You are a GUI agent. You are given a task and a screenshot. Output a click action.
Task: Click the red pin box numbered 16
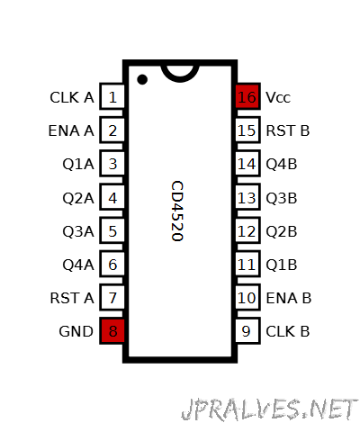[x=247, y=96]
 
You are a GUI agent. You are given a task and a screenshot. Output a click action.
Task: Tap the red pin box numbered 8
[x=112, y=331]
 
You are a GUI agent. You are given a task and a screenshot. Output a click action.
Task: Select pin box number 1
[x=112, y=96]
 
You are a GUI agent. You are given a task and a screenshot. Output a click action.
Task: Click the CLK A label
[x=72, y=97]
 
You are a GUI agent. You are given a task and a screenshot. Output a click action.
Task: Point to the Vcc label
[x=278, y=97]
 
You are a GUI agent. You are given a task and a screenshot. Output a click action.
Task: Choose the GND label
[x=76, y=331]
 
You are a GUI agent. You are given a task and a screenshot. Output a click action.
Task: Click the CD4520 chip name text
[x=177, y=211]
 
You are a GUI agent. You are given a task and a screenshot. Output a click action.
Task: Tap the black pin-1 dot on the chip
[x=142, y=79]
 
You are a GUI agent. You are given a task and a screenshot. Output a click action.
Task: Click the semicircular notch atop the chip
[x=180, y=78]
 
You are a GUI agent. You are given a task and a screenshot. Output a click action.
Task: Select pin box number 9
[x=247, y=331]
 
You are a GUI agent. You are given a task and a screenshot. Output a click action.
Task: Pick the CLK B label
[x=287, y=331]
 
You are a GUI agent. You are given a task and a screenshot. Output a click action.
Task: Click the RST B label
[x=287, y=130]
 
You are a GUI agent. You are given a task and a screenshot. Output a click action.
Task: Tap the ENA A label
[x=71, y=130]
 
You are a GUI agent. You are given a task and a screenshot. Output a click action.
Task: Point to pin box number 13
[x=247, y=197]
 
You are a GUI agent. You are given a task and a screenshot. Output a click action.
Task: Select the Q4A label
[x=78, y=265]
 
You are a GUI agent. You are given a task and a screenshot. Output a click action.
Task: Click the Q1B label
[x=282, y=265]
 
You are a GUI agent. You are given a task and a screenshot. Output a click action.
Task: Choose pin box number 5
[x=112, y=230]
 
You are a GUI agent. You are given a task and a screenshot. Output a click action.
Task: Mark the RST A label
[x=72, y=298]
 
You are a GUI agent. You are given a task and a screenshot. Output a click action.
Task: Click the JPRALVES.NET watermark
[x=269, y=409]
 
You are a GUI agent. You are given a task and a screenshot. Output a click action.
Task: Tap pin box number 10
[x=247, y=297]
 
